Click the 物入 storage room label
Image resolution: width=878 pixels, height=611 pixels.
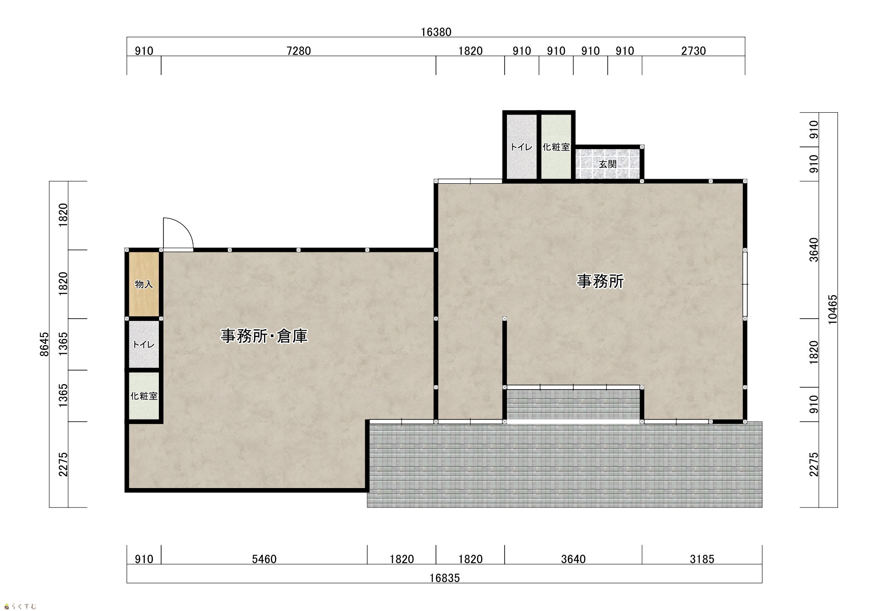coord(144,285)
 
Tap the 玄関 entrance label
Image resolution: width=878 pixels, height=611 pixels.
coord(608,164)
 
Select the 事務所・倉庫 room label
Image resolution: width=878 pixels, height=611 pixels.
coord(264,336)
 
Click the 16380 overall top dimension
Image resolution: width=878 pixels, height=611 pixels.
coord(436,32)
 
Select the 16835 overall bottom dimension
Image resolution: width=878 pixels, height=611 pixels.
coord(445,578)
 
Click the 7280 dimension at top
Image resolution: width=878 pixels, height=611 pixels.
coord(299,51)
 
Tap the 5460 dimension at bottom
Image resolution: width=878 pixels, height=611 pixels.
coord(264,559)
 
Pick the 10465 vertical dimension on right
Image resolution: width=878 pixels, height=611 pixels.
coord(833,310)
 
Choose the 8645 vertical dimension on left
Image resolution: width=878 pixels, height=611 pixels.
coord(44,344)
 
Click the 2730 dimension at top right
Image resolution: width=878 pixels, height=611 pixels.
coord(693,51)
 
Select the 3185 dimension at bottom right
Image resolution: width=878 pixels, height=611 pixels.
coord(702,559)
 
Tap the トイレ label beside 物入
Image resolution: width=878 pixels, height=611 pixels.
coord(144,344)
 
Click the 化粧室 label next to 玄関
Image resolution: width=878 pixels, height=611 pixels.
coord(556,147)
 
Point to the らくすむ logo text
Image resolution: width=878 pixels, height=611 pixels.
coord(23,606)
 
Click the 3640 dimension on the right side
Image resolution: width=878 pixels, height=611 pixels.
coord(814,250)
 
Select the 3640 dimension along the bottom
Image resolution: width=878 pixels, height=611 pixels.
coord(573,559)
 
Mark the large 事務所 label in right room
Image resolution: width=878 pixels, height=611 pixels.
coord(600,281)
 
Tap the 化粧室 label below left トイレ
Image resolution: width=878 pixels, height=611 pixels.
coord(144,396)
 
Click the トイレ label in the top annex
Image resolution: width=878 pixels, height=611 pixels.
coord(522,147)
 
